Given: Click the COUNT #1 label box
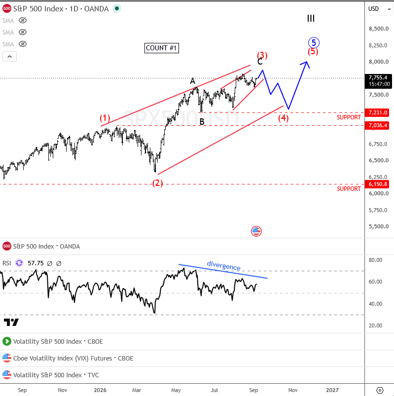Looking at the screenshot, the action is point(162,48).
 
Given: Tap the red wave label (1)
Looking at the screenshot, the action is point(105,118).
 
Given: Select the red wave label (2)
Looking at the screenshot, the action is point(158,183).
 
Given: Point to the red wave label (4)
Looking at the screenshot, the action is point(284,118).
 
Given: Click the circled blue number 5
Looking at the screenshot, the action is point(314,42).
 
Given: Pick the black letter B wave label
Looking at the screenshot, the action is point(202,122).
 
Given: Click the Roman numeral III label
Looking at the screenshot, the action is point(311,18).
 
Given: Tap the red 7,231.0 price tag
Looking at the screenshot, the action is point(378,112).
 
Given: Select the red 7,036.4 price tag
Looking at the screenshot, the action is point(378,126).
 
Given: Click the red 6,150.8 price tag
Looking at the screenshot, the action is point(378,184).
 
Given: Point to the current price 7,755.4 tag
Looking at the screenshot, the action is point(378,81).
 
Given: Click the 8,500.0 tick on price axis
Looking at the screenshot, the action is point(379,29).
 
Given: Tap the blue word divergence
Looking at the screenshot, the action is point(223,266).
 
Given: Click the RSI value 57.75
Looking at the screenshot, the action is point(36,263).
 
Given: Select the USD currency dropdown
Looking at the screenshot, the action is point(379,9).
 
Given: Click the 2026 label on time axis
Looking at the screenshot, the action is point(100,390).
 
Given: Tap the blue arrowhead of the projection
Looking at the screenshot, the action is point(306,63).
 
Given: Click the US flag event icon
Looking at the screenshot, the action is point(256,231).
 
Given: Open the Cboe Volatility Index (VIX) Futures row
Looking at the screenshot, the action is point(73,358).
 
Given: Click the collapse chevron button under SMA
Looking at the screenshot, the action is point(9,57).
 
